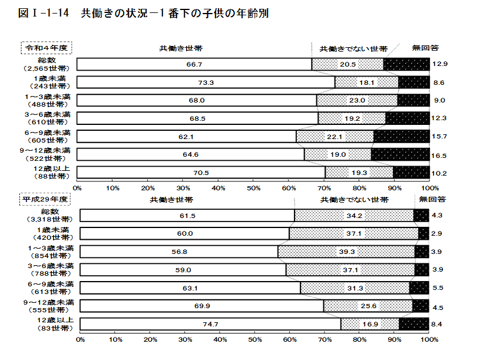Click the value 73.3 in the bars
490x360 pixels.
click(206, 82)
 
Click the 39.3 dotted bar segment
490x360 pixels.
click(346, 252)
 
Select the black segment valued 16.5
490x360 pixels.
click(400, 154)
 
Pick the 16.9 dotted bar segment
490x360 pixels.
click(370, 324)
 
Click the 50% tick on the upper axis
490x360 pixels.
click(254, 188)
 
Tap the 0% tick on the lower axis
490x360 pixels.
click(81, 340)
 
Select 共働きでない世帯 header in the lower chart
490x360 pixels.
click(355, 200)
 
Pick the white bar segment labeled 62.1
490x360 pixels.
click(187, 136)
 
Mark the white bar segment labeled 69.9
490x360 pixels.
click(201, 306)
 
